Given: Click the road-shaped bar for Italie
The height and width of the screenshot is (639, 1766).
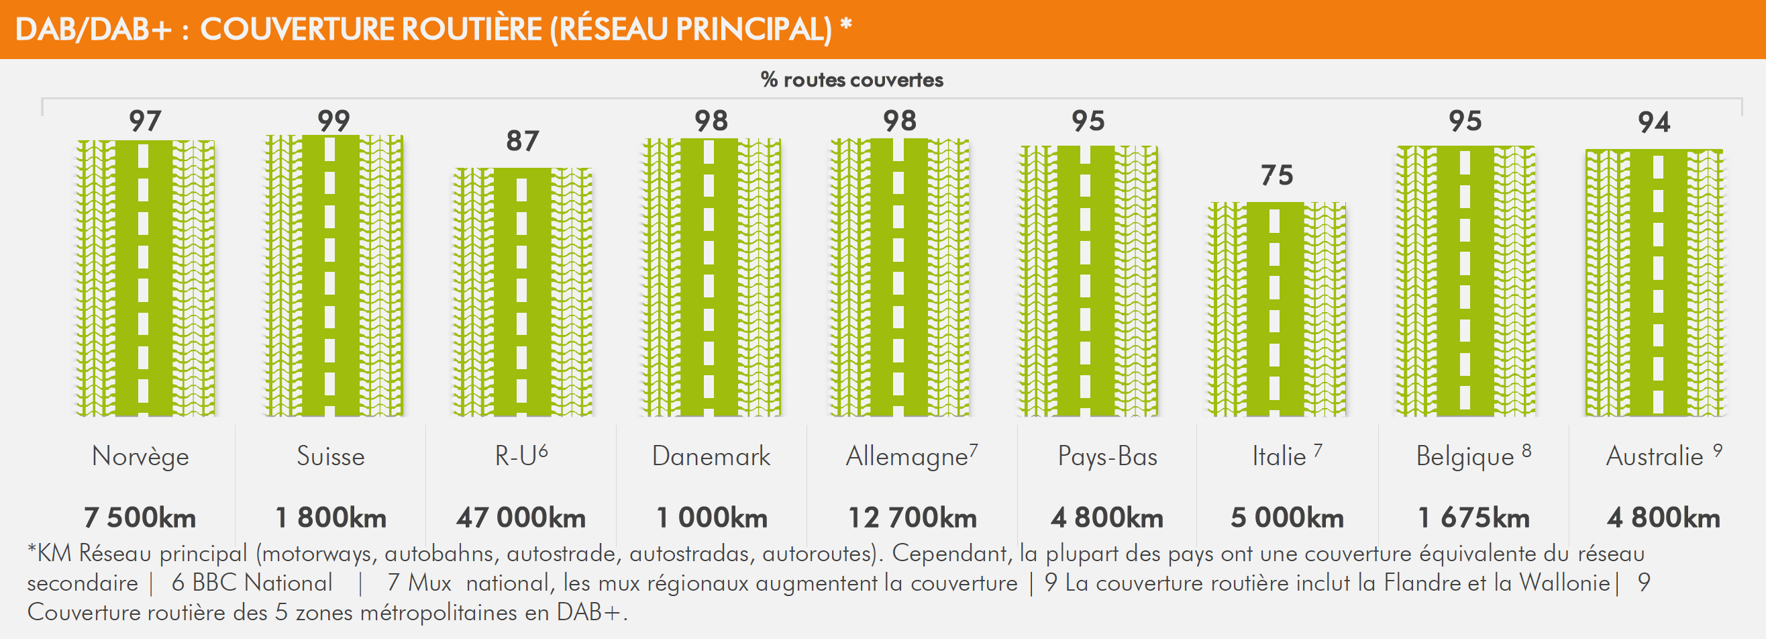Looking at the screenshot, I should (x=1276, y=309).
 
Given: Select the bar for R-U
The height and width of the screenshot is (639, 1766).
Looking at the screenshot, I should (x=523, y=291).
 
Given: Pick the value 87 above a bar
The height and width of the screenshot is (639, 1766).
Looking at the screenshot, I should (x=523, y=141).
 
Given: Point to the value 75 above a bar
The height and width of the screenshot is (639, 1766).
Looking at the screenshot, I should (x=1276, y=175).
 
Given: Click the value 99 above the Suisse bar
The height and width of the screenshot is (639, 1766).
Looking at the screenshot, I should (x=334, y=121).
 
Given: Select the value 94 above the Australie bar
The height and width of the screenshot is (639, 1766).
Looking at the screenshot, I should (x=1653, y=123).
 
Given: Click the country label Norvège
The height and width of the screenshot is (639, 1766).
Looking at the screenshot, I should (x=140, y=456).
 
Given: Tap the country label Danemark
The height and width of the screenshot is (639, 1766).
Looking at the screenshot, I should (x=711, y=456).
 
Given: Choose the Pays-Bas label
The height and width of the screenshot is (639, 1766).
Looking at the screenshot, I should (x=1107, y=456).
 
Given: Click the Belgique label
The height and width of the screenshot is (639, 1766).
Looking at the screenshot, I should (x=1465, y=456).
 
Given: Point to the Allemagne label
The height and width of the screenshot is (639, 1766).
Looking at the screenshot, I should (x=906, y=456).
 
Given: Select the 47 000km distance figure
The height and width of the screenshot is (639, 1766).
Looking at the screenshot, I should (x=521, y=518).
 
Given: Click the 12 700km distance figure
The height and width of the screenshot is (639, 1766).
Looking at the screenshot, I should (x=913, y=518).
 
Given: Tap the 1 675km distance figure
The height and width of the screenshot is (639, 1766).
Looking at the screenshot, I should (x=1473, y=518).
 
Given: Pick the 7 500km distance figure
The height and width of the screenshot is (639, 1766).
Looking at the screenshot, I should (x=140, y=518).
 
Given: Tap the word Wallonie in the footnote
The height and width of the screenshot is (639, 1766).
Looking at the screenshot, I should (x=1565, y=583).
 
